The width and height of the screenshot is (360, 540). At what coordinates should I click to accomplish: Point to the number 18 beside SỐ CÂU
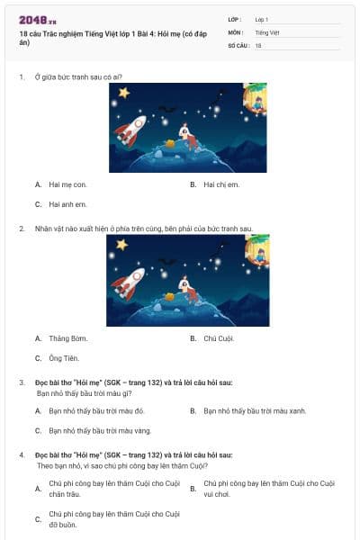point(258,45)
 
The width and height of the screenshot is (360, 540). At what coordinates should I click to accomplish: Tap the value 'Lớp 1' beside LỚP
point(262,19)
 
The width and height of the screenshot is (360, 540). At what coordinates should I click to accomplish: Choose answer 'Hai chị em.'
point(220,184)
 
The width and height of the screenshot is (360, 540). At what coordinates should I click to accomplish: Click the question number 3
point(22,382)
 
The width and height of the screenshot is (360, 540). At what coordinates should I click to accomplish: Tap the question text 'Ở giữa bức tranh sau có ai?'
point(79,76)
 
